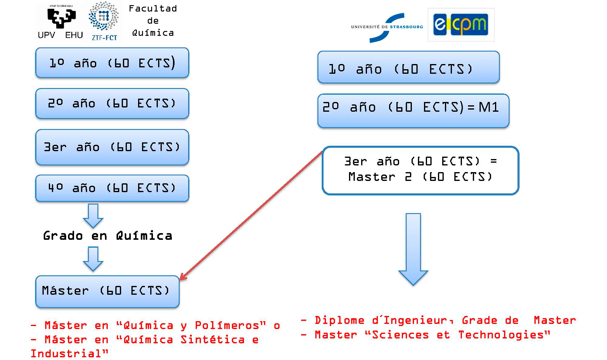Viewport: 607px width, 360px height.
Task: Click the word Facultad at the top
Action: pos(153,8)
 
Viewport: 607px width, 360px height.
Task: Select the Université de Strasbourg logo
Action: pos(387,27)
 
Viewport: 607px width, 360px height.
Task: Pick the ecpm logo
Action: pos(461,25)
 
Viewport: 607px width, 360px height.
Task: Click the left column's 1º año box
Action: pos(112,63)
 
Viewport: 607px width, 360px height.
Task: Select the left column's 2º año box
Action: pos(112,104)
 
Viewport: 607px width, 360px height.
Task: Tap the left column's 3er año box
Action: pos(112,147)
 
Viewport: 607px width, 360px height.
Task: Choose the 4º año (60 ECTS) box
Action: pos(112,188)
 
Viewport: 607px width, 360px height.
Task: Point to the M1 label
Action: pos(489,107)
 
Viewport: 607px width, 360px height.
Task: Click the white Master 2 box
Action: pos(420,170)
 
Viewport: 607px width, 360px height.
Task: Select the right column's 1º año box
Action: pos(408,67)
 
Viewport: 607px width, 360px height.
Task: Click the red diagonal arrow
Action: pos(252,216)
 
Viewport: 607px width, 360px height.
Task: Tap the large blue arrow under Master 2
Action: pos(413,249)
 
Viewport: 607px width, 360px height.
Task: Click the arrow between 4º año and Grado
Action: pos(93,216)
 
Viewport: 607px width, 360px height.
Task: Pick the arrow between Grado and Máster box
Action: pos(93,258)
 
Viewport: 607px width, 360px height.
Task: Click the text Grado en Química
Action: pos(108,236)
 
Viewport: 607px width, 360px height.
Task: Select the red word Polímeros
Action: pos(230,325)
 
